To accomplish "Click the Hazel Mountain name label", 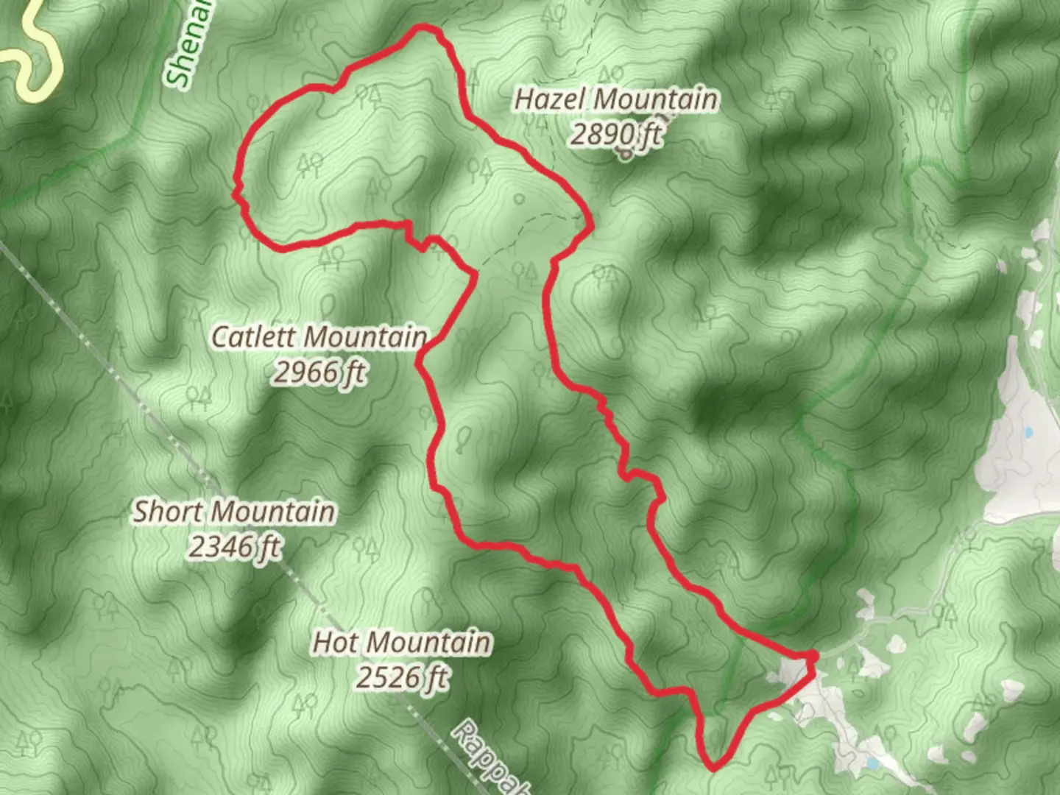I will pos(615,99).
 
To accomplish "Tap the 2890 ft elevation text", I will pos(615,134).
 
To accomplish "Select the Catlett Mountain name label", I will pos(319,337).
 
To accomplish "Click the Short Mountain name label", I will pos(233,512).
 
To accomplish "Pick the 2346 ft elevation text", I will pos(233,547).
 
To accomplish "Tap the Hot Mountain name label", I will pos(402,643).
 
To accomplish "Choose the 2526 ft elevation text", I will pos(402,677).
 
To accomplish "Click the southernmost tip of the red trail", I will pos(713,768).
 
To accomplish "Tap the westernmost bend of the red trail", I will pos(236,193).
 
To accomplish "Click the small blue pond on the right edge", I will pos(1027,432).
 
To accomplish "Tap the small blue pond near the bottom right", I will pos(872,763).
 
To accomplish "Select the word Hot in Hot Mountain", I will pos(335,643).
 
